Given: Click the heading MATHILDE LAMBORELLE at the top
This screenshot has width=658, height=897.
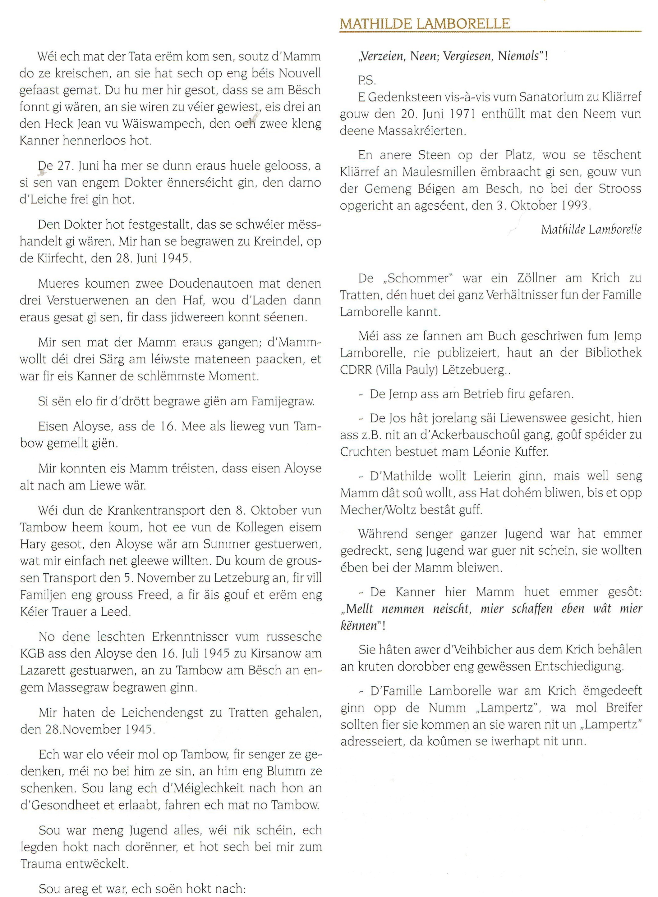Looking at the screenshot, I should (425, 24).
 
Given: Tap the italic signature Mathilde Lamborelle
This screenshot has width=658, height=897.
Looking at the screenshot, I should (591, 230).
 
